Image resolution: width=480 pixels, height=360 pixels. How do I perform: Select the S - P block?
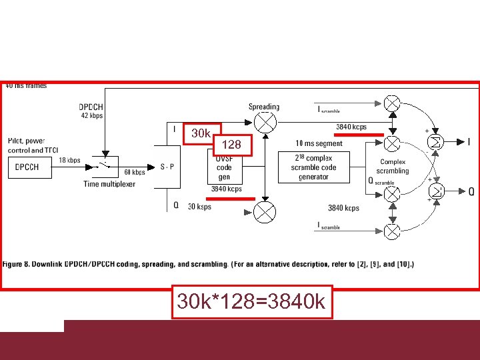coord(167,167)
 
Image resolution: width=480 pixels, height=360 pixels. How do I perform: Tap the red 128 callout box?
coord(231,144)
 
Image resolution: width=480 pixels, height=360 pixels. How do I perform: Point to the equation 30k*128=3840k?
coord(251,302)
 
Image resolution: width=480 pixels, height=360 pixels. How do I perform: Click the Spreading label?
coord(264,107)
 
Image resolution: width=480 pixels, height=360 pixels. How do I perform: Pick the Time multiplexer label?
coord(109,183)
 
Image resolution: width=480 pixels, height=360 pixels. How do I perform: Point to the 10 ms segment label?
coord(319,143)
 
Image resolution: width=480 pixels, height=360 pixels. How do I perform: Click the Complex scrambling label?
coord(393,167)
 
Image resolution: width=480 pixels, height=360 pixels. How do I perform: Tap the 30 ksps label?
coord(199,207)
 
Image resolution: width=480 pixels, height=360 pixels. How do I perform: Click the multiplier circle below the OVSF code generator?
coord(265,213)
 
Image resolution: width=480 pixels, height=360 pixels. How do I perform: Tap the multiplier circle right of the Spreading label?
coord(265,122)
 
